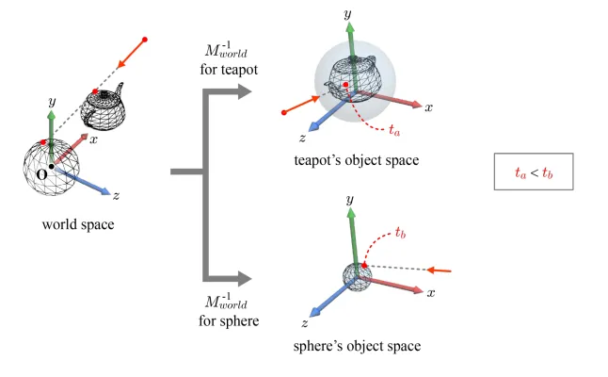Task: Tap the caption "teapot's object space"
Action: pos(356,160)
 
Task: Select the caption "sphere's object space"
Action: pos(358,346)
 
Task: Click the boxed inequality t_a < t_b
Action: pos(533,172)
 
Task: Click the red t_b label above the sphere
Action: pos(399,233)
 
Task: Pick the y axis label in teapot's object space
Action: pos(348,16)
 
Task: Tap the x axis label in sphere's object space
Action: pos(430,293)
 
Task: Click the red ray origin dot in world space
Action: pos(144,41)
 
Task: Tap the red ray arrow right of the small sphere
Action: pos(440,270)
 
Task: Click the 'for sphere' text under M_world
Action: pos(222,321)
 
